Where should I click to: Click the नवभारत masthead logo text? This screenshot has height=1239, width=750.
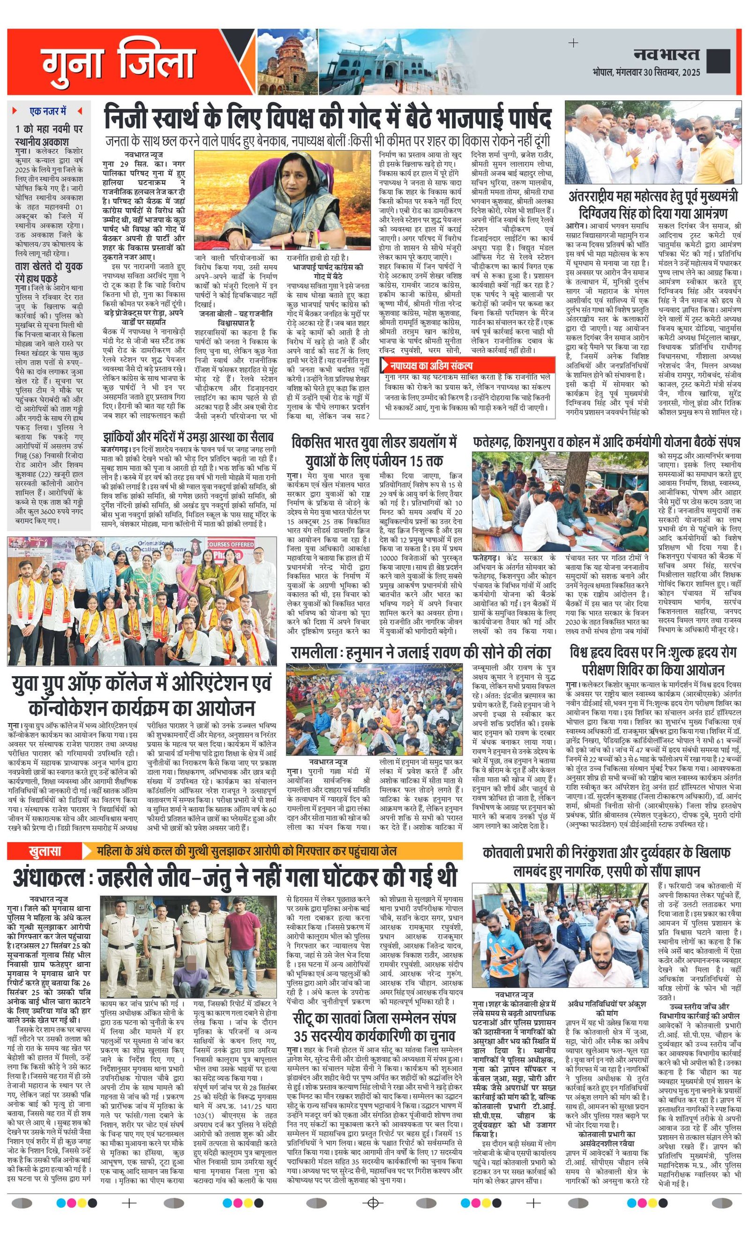click(666, 55)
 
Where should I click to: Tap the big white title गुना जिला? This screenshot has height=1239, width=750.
click(118, 63)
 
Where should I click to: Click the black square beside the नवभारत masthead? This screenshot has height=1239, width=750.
click(718, 61)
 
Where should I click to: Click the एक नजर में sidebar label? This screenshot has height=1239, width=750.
click(48, 111)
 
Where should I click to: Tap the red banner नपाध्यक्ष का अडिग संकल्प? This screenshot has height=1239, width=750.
click(428, 366)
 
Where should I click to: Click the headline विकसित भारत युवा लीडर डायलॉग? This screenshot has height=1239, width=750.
click(374, 451)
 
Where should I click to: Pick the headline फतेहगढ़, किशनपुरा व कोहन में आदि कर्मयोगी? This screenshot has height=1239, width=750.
click(606, 442)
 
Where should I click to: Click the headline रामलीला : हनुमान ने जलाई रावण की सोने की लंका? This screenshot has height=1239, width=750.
click(420, 653)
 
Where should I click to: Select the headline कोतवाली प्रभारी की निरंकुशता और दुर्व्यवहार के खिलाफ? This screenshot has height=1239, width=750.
click(606, 853)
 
